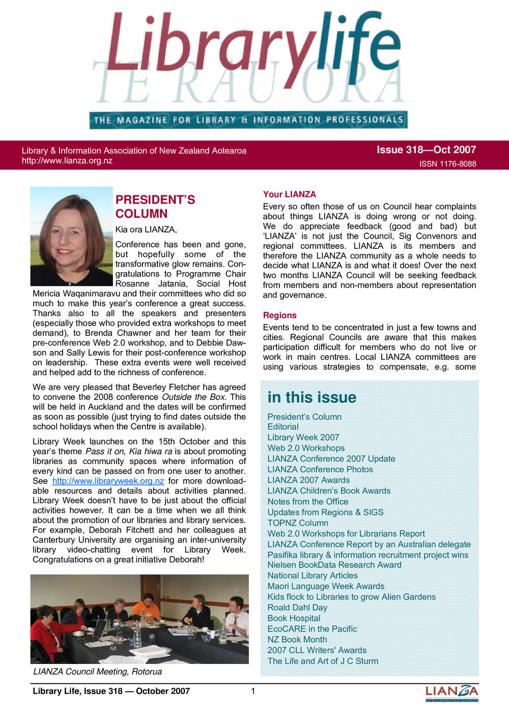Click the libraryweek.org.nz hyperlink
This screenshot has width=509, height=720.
click(108, 481)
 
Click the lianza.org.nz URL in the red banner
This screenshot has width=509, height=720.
click(67, 161)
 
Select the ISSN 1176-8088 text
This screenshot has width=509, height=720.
click(447, 164)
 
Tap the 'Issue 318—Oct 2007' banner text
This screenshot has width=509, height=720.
click(426, 150)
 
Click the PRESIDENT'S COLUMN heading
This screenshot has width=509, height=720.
click(155, 207)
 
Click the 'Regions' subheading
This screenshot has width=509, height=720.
click(279, 315)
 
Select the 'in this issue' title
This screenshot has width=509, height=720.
click(312, 397)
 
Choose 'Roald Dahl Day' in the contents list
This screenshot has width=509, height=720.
click(297, 608)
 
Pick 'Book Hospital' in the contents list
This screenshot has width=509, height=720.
click(294, 618)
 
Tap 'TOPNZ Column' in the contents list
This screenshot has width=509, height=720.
click(298, 523)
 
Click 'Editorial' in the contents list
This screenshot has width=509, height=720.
click(283, 427)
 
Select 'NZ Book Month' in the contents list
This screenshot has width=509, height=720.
click(297, 640)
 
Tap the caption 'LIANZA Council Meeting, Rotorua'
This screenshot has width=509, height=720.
click(97, 672)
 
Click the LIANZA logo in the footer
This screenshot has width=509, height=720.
click(451, 692)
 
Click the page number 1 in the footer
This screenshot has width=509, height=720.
click(253, 691)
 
